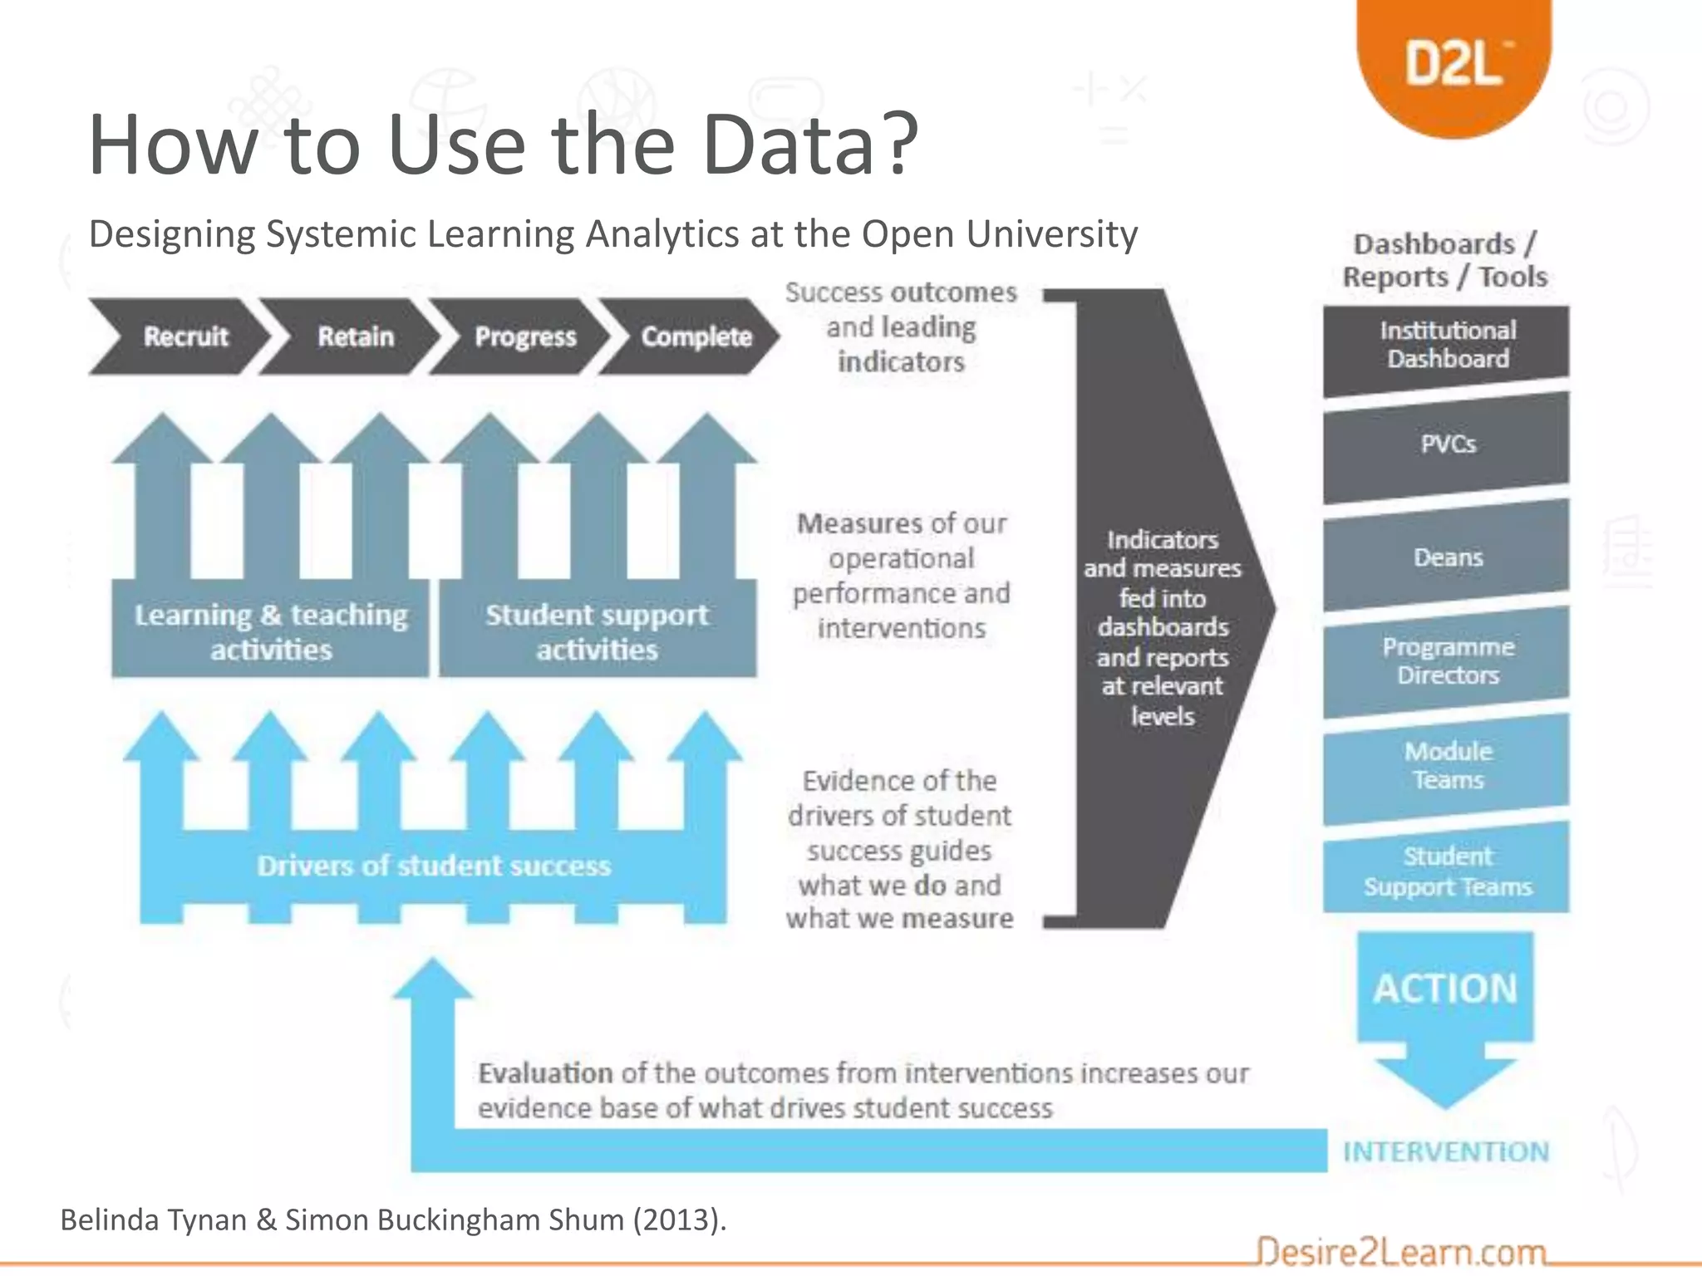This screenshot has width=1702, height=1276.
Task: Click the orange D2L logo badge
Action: (1454, 62)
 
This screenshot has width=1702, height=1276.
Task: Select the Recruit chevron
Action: (184, 336)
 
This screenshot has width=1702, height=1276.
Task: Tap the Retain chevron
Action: (355, 336)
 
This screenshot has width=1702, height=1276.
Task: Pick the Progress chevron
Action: (524, 336)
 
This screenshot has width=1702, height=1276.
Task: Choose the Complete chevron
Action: (696, 336)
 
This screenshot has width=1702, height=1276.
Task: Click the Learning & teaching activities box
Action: (271, 631)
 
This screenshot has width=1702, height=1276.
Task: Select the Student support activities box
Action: (597, 631)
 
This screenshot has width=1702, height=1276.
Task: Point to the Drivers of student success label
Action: (434, 866)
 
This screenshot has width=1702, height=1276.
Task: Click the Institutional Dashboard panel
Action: (1447, 345)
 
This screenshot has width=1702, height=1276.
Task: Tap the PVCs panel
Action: (1447, 444)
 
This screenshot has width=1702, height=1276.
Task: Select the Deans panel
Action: (1447, 557)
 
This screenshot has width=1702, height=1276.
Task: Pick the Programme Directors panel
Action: (1447, 661)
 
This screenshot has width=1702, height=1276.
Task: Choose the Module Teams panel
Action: (1447, 766)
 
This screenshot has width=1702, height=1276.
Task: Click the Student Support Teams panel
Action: (1447, 871)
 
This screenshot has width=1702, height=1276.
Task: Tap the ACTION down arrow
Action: (1445, 1009)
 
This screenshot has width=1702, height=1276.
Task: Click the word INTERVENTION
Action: (1446, 1151)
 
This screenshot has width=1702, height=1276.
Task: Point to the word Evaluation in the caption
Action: (545, 1073)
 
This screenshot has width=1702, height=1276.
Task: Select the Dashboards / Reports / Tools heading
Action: (1445, 260)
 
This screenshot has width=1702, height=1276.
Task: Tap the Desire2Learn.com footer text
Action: (1401, 1251)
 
